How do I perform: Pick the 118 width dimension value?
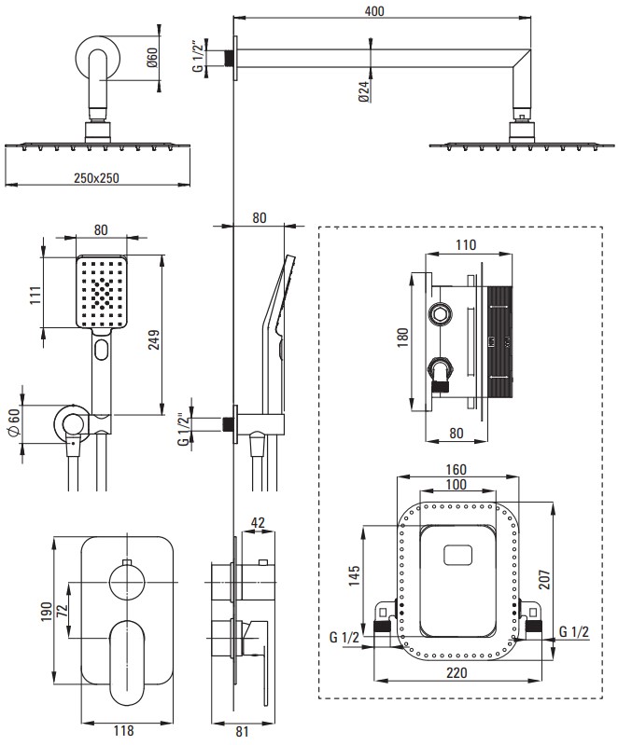point(123,731)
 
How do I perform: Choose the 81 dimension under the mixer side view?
point(243,731)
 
